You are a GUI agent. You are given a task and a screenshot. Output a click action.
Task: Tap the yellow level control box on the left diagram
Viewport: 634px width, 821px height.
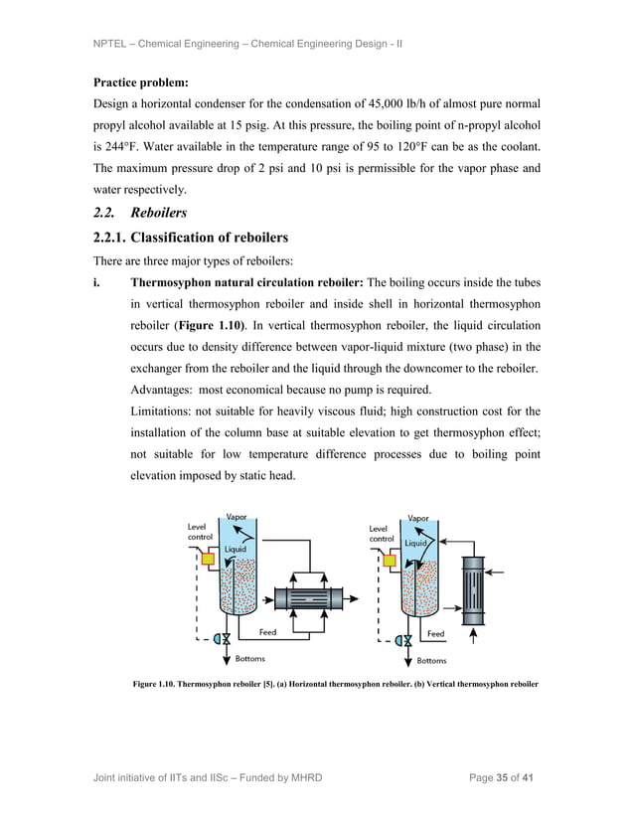pos(208,560)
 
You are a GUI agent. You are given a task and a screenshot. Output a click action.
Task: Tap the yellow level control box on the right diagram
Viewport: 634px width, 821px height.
pos(388,560)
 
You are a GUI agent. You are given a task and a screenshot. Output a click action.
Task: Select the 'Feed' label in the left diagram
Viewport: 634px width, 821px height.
pos(268,631)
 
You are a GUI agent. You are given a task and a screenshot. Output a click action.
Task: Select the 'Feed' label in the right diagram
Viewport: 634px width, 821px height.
pos(436,633)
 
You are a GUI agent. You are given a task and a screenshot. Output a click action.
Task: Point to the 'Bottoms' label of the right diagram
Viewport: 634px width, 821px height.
pos(431,660)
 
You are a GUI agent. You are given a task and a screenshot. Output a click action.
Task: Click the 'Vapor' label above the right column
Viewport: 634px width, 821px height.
pos(418,518)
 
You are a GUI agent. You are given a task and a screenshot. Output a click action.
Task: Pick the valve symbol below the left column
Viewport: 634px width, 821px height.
pos(225,639)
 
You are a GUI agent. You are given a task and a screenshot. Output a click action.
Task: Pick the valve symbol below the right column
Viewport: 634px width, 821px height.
pos(404,639)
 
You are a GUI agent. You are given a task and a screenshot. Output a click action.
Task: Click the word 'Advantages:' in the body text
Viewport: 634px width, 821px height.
pos(160,389)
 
